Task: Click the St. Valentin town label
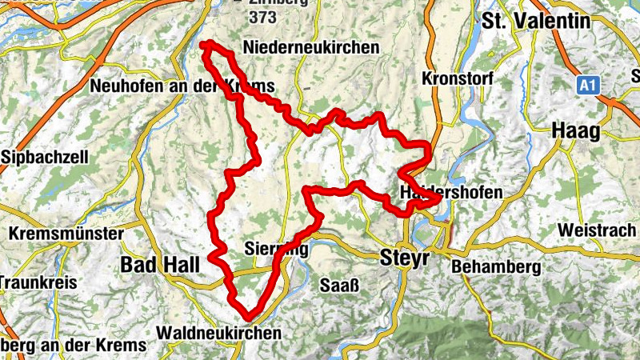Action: tap(540, 22)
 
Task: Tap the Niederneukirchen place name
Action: tap(314, 48)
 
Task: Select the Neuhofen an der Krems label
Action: tap(183, 86)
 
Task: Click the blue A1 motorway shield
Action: tap(588, 82)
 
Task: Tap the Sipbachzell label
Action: tap(45, 158)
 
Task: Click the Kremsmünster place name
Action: tap(67, 234)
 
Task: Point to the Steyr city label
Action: tap(404, 258)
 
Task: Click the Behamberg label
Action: tap(495, 266)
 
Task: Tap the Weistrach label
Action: tap(598, 230)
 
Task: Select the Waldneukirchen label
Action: tap(220, 332)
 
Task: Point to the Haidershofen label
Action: tap(451, 192)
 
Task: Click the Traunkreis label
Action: tap(37, 282)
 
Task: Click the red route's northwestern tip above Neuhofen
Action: tap(204, 44)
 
